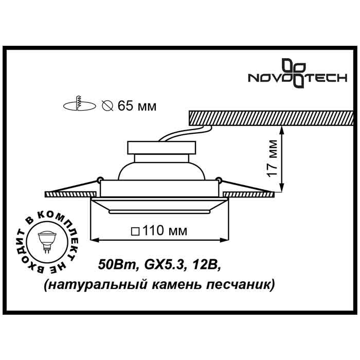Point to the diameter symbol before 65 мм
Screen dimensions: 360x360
tap(107, 106)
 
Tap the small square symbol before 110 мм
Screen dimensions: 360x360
tap(135, 231)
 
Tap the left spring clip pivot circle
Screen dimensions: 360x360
tap(97, 179)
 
